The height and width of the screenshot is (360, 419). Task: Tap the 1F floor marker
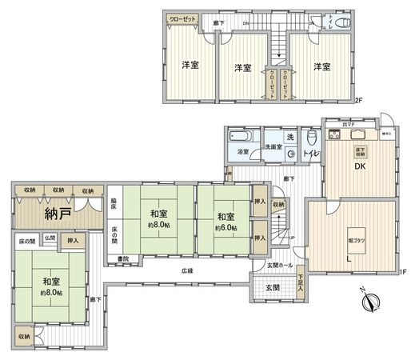point(404,272)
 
